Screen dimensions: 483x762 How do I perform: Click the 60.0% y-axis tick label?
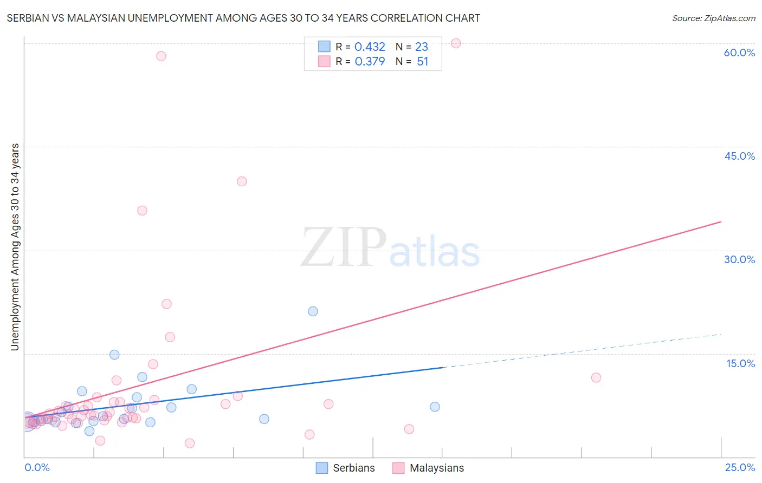[x=739, y=53]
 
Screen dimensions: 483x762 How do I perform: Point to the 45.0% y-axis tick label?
[x=739, y=156]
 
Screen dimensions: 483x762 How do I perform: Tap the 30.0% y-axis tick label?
[x=739, y=259]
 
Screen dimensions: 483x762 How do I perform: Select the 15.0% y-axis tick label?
[x=740, y=363]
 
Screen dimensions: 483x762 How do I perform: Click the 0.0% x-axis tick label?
[x=37, y=467]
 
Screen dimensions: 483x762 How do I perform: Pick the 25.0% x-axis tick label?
[x=740, y=467]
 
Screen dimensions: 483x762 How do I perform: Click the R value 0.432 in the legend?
[x=370, y=47]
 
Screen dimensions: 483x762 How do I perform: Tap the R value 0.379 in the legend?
[x=370, y=62]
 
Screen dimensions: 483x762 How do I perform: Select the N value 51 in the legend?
[x=423, y=62]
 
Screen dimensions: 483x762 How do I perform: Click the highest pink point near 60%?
[x=456, y=43]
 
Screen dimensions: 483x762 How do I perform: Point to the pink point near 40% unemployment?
[x=242, y=181]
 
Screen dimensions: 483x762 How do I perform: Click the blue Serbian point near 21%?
[x=313, y=311]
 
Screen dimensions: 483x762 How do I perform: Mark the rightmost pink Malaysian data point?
[x=596, y=377]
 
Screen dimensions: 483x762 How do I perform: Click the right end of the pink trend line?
[x=721, y=221]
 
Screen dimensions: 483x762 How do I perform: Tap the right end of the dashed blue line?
[x=721, y=335]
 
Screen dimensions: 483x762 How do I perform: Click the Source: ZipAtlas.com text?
[x=713, y=18]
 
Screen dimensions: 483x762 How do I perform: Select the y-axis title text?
[x=15, y=247]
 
